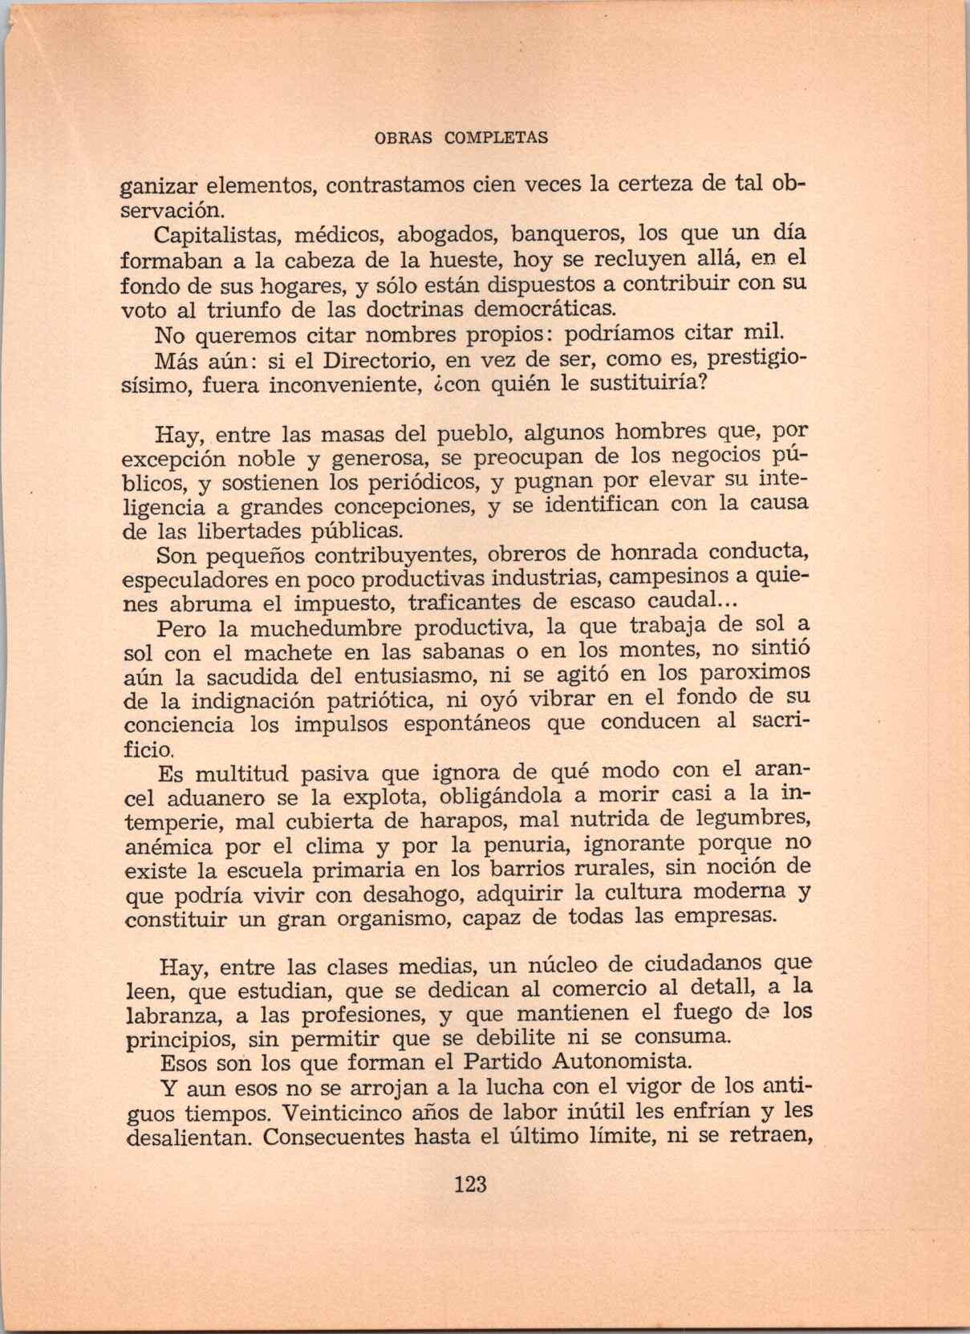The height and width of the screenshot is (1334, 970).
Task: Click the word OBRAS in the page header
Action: click(404, 137)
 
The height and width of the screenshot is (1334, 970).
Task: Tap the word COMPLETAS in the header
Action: click(497, 137)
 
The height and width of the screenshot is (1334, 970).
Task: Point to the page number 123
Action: click(470, 1184)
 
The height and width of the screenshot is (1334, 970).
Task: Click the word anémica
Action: click(169, 847)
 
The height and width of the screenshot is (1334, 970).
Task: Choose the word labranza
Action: click(174, 1016)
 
